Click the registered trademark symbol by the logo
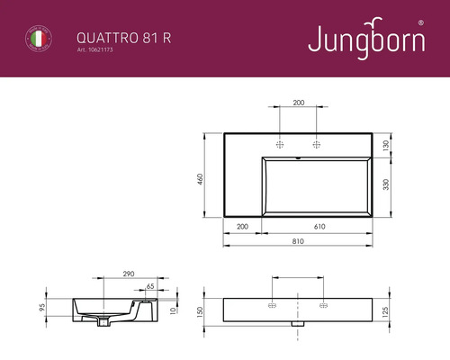click(423, 21)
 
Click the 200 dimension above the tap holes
click(298, 103)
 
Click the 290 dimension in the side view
click(128, 272)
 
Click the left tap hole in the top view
click(280, 144)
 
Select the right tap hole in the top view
click(316, 144)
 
